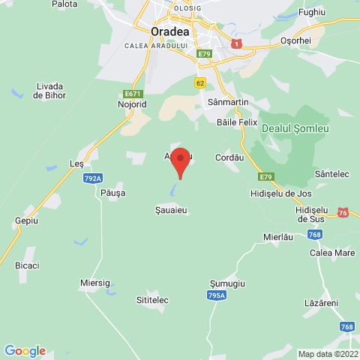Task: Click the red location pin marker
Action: coord(179,162)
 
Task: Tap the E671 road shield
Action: coord(133,94)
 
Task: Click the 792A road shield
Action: coord(93,178)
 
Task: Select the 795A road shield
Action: coord(217,296)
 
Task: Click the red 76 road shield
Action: coord(343,212)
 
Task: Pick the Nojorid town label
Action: coord(133,105)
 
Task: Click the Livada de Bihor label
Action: coord(49,91)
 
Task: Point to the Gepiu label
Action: coord(26,221)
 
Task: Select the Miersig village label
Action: coord(94,283)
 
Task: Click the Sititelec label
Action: coord(152,300)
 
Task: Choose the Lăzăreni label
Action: coord(322,302)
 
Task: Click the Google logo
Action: coord(25,350)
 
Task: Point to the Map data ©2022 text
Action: coord(328,354)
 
